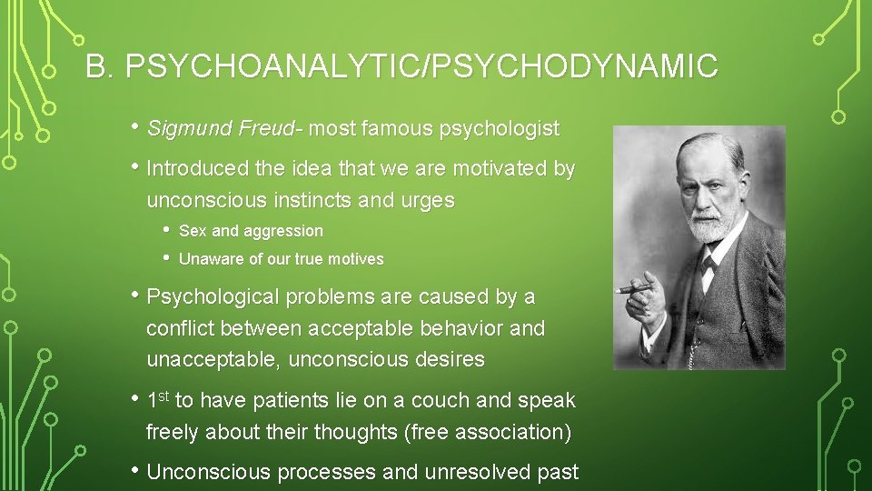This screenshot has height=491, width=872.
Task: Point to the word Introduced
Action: (196, 169)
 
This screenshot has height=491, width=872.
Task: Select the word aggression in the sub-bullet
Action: (282, 231)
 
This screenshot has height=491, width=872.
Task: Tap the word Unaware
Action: (209, 259)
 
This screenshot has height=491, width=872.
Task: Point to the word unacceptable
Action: (213, 359)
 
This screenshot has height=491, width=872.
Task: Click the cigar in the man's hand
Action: (633, 289)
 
